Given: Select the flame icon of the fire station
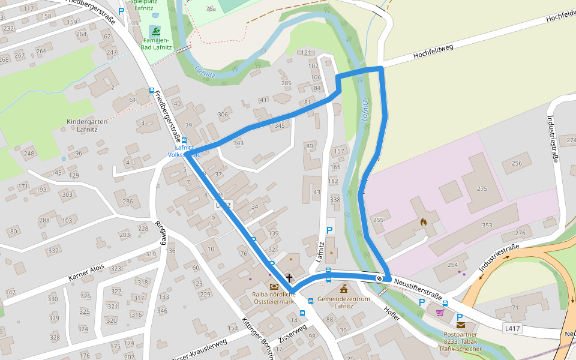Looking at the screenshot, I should pos(424,221).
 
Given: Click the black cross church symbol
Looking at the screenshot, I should pos(289,278).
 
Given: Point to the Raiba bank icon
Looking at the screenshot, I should pos(274,287).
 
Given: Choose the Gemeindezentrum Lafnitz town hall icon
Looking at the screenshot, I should pos(344,290).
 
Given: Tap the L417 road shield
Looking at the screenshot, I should pos(512,328).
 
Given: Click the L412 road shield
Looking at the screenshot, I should pos(223,205).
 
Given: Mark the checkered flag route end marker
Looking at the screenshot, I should pos(379,278).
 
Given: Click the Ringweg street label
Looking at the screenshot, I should pos(160,233).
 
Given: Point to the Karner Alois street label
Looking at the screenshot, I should pos(86,272).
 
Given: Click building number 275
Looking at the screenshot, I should pos(482,189).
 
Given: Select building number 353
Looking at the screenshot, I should pos(487,226).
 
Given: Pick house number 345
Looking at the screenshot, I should pos(280,126).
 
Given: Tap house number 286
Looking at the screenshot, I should pos(128,202).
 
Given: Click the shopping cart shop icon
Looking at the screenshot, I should pos(440,312).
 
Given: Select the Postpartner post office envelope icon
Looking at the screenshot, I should pos(460,325).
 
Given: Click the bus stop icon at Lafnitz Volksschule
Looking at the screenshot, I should pos(184,140).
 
